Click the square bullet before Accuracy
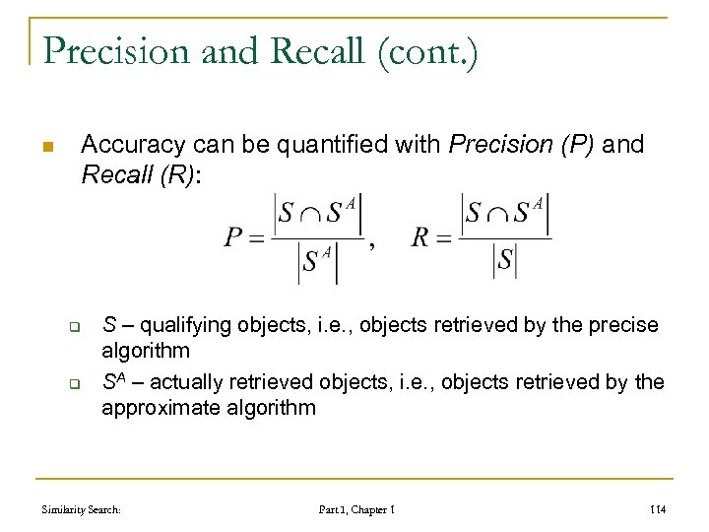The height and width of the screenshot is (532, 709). [x=45, y=148]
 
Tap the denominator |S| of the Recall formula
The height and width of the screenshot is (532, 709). [x=505, y=261]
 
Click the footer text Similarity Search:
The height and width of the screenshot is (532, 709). [x=81, y=509]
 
